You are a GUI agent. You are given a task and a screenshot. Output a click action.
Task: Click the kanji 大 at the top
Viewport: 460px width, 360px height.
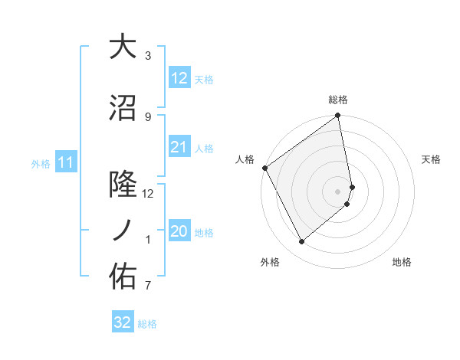click(x=123, y=47)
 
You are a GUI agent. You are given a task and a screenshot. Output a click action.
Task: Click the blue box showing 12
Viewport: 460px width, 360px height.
click(x=179, y=78)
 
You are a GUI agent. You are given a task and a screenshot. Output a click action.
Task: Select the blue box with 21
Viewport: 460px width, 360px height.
click(x=179, y=147)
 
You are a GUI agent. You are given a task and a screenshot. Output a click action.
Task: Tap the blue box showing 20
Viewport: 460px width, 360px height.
click(x=179, y=232)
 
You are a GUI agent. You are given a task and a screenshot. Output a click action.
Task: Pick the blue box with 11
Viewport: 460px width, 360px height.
click(x=66, y=162)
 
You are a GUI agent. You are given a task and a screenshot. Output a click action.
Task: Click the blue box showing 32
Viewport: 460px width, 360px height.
click(x=123, y=322)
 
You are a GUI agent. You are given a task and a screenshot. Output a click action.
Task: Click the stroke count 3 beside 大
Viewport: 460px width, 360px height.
click(x=148, y=56)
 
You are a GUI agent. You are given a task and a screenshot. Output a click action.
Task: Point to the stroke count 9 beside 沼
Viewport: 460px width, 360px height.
click(x=148, y=116)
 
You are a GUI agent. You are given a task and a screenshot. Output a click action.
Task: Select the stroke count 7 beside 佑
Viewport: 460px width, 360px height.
click(x=148, y=286)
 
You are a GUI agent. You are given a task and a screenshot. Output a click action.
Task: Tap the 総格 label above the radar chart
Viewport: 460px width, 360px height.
click(x=338, y=100)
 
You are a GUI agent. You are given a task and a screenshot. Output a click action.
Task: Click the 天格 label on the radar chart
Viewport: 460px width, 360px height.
click(x=431, y=159)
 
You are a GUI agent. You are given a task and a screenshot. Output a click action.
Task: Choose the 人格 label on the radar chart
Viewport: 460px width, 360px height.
click(x=245, y=159)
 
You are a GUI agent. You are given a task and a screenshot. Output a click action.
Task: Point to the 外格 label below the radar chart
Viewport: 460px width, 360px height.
click(x=270, y=263)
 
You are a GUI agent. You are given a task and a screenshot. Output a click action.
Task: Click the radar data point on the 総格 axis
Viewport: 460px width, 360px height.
click(x=338, y=116)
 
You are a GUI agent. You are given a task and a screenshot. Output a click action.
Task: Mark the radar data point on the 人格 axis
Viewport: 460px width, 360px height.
click(x=264, y=168)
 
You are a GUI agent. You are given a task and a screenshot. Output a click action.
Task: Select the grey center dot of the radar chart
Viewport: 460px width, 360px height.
click(x=338, y=191)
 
